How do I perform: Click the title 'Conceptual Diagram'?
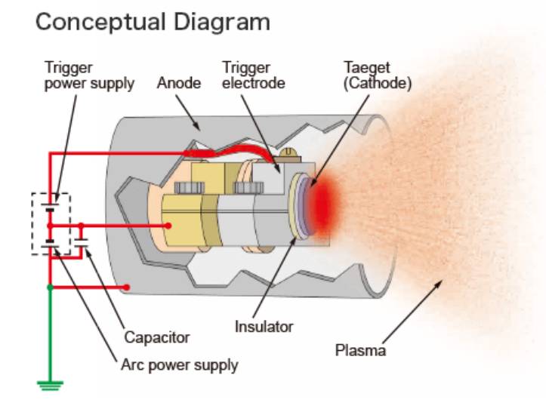[153, 23]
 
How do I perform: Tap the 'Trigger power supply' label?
[89, 76]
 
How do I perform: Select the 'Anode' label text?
[179, 83]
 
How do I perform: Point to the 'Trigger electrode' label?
[254, 75]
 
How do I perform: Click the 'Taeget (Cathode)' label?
[378, 76]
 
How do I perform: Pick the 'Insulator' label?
[264, 327]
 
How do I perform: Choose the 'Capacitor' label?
[156, 337]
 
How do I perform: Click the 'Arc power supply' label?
[179, 365]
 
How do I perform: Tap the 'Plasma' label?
[360, 350]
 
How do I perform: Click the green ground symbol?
[50, 386]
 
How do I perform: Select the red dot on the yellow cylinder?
[168, 226]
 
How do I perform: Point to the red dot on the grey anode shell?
[126, 287]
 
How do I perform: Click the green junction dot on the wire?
[50, 287]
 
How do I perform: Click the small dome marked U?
[288, 152]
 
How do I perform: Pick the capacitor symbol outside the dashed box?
[81, 243]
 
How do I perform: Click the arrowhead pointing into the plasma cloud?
[439, 284]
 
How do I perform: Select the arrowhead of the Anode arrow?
[197, 127]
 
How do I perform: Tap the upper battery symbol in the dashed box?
[50, 207]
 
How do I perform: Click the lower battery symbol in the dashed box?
[50, 244]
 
